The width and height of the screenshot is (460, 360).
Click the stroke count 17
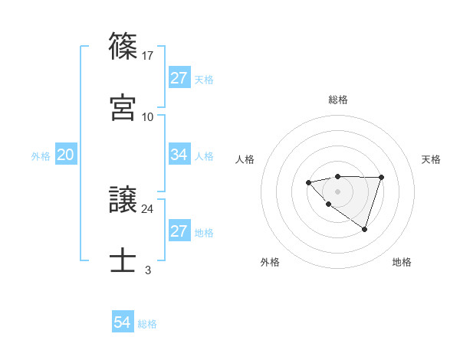pos(148,55)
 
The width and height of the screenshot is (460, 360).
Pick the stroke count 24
pos(148,208)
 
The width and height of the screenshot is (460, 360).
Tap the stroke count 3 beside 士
pos(148,270)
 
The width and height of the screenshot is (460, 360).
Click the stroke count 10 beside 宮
pos(148,116)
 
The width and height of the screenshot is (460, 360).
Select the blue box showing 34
pos(179,155)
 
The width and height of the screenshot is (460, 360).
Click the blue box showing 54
pos(123,322)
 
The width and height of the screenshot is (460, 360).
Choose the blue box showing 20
pos(66,155)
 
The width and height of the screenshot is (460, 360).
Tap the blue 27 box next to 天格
pos(179,78)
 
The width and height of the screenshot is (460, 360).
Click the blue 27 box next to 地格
pos(179,231)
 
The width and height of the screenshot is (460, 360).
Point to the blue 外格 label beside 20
pos(41,155)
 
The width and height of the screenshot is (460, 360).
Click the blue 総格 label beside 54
pos(147,323)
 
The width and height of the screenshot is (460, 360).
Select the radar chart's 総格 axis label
pos(337,100)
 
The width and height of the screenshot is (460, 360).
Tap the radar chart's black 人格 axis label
pos(245,159)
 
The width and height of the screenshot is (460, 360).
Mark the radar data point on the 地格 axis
pos(365,229)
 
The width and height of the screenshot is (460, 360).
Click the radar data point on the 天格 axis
pos(382,177)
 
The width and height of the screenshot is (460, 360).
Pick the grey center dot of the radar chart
pos(337,191)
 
